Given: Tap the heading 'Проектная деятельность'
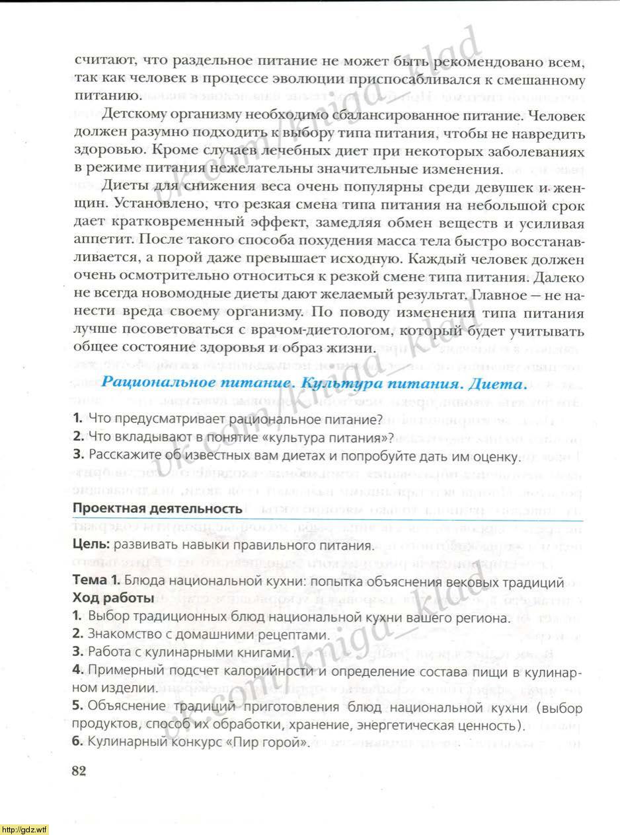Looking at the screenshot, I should (x=157, y=508).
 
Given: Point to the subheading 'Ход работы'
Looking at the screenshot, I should (x=113, y=599).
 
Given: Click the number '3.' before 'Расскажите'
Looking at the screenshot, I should (x=79, y=455).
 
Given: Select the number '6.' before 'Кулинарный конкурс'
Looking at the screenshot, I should (x=78, y=742).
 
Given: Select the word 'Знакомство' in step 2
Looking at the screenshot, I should (x=121, y=635).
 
